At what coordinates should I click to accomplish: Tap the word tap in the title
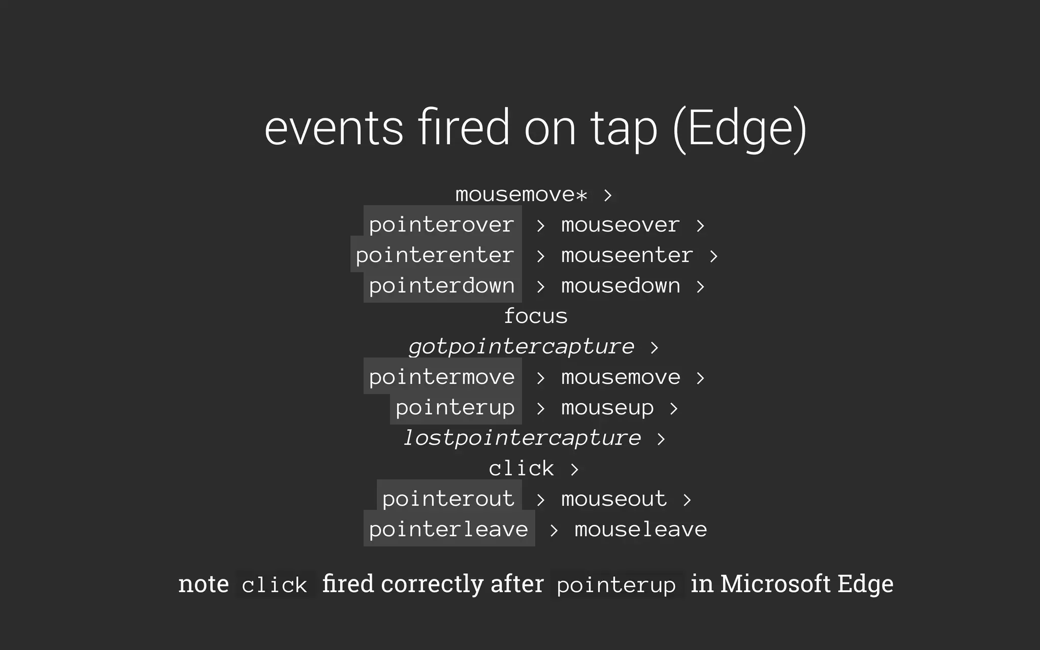(624, 128)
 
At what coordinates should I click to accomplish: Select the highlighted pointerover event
(442, 225)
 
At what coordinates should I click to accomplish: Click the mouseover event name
(620, 225)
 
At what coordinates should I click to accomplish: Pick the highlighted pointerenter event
(435, 255)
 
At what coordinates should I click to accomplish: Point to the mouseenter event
(627, 255)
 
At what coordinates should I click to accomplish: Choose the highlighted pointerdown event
(442, 286)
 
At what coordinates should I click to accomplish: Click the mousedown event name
(621, 286)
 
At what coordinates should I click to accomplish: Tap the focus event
(535, 316)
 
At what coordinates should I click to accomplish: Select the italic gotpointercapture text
(522, 347)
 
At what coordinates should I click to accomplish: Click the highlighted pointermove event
(442, 377)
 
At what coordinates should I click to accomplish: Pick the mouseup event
(607, 408)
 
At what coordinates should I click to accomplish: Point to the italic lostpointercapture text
(522, 438)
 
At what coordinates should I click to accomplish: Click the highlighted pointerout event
(448, 499)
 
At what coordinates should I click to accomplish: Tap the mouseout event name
(614, 499)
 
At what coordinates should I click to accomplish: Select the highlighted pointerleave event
(448, 530)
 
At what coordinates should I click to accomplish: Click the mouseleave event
(640, 530)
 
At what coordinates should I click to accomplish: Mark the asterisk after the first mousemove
(581, 195)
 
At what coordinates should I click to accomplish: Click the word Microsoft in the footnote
(775, 584)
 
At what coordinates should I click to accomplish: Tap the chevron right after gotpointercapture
(654, 347)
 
